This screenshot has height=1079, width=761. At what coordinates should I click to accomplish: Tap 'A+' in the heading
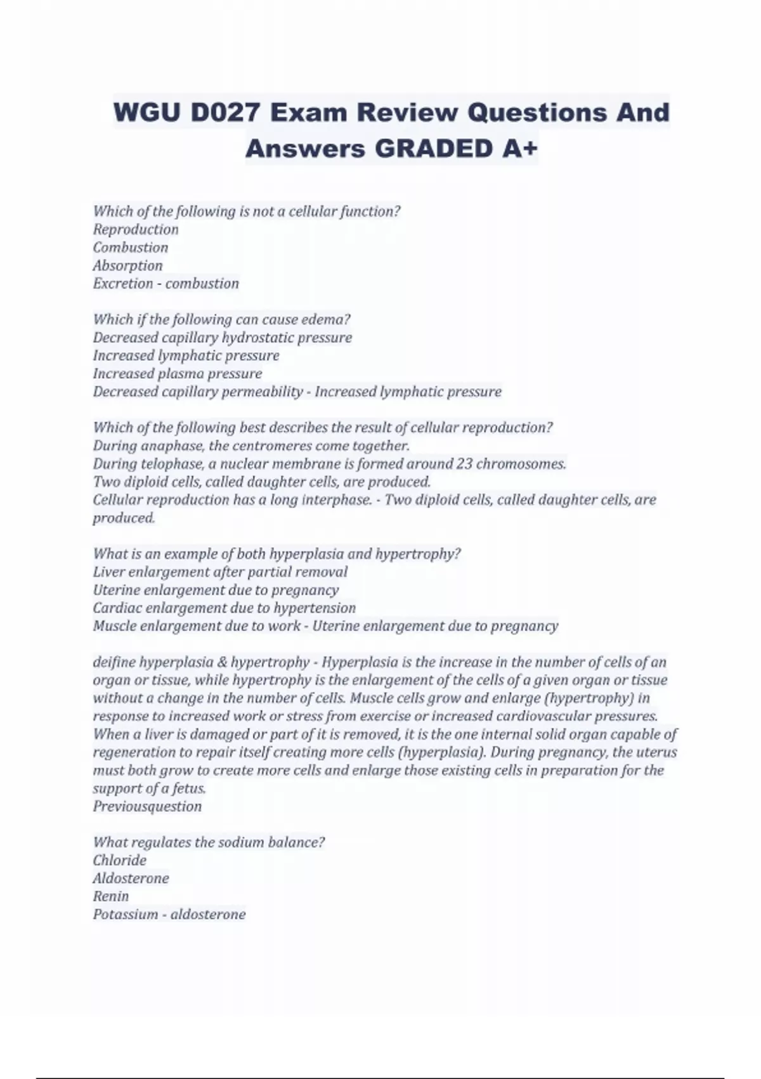pos(518,149)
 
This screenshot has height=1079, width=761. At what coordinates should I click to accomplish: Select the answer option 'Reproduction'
pos(136,229)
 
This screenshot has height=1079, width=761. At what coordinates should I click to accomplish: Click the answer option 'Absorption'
pos(127,265)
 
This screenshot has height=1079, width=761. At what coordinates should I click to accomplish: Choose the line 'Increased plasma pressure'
pos(178,373)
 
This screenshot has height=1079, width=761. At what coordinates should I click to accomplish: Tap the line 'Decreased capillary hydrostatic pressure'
pos(222,337)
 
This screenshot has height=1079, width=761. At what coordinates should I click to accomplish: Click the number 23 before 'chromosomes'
pos(464,463)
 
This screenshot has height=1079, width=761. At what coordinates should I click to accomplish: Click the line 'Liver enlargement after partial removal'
pos(220,572)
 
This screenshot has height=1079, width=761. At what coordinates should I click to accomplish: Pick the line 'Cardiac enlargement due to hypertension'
pos(224,608)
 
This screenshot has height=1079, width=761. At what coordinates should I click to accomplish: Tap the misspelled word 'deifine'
pos(114,662)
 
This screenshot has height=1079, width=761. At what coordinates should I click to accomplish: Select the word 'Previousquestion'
pos(147,807)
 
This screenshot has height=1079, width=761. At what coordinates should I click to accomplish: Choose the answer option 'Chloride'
pos(119,861)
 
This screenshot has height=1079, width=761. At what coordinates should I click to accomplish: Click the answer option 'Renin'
pos(111,896)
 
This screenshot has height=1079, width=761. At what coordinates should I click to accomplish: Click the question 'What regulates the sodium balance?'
pos(209,842)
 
